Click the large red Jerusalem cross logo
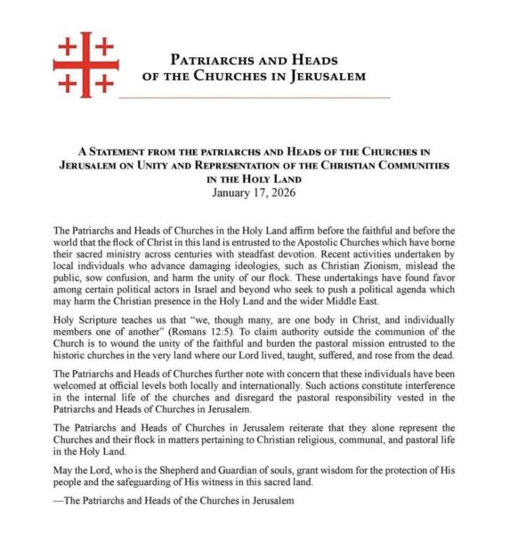click(x=85, y=62)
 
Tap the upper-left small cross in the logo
click(x=67, y=45)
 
